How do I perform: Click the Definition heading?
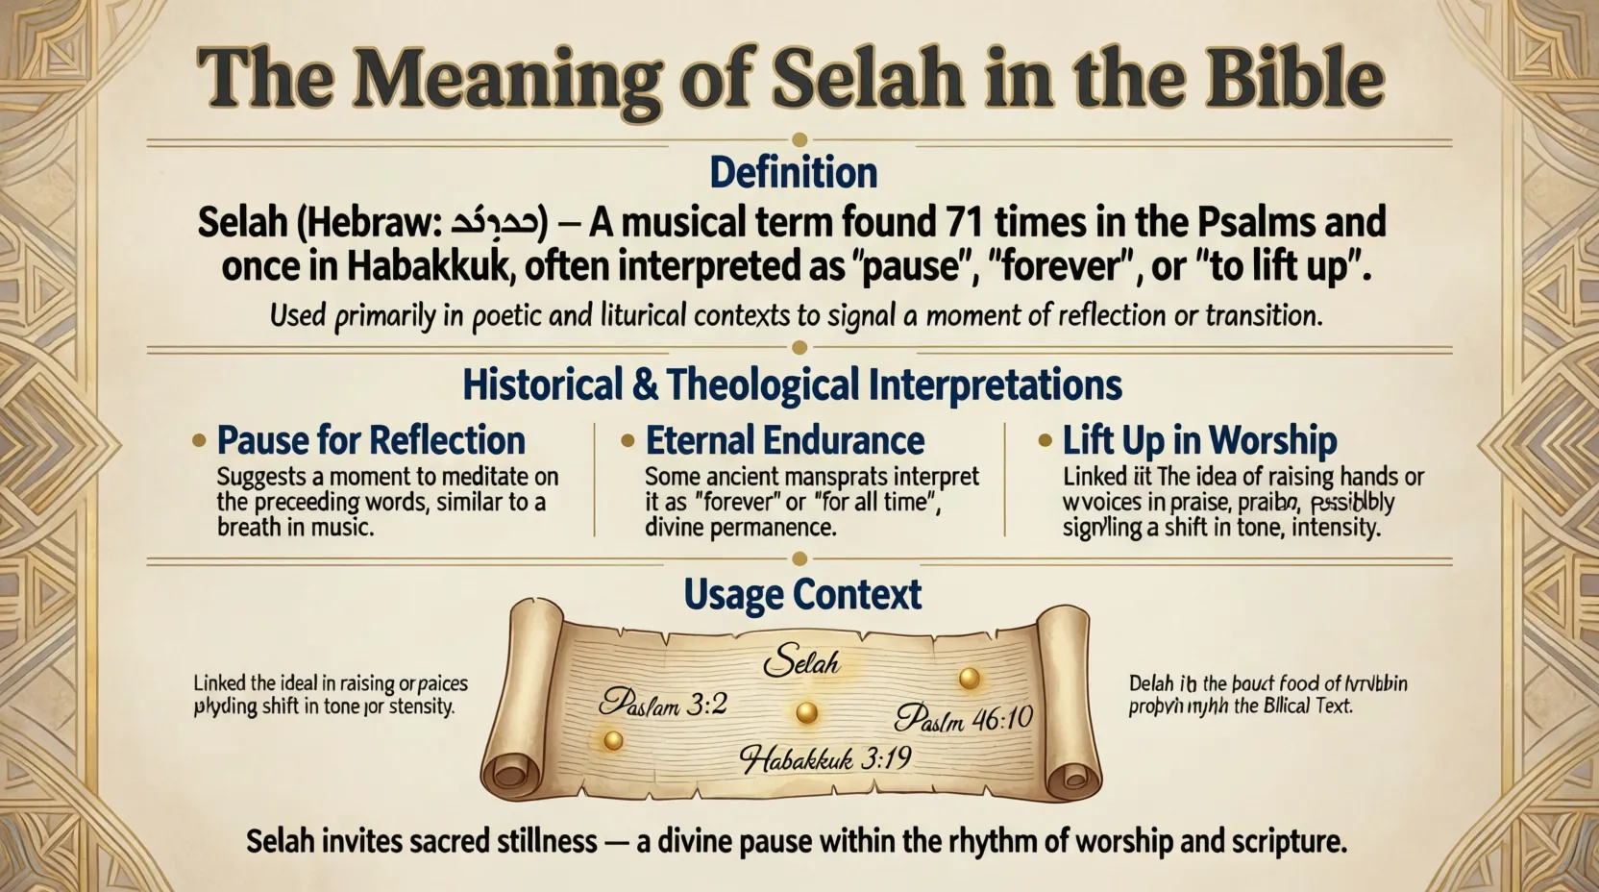pyautogui.click(x=793, y=173)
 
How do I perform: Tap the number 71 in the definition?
pyautogui.click(x=960, y=223)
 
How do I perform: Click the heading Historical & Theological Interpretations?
pyautogui.click(x=792, y=385)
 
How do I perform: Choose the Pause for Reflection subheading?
pyautogui.click(x=371, y=441)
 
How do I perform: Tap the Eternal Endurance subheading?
pyautogui.click(x=784, y=441)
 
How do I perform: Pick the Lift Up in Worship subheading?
pyautogui.click(x=1199, y=441)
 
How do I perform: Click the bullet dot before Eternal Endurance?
pyautogui.click(x=627, y=441)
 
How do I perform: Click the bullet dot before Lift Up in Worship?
pyautogui.click(x=1045, y=441)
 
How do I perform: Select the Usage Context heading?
pyautogui.click(x=802, y=595)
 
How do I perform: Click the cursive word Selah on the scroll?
pyautogui.click(x=800, y=661)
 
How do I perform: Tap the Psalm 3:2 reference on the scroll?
pyautogui.click(x=662, y=705)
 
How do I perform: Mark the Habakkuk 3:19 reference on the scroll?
pyautogui.click(x=824, y=759)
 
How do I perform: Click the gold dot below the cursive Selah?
pyautogui.click(x=806, y=712)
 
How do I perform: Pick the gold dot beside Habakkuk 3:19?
pyautogui.click(x=612, y=740)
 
